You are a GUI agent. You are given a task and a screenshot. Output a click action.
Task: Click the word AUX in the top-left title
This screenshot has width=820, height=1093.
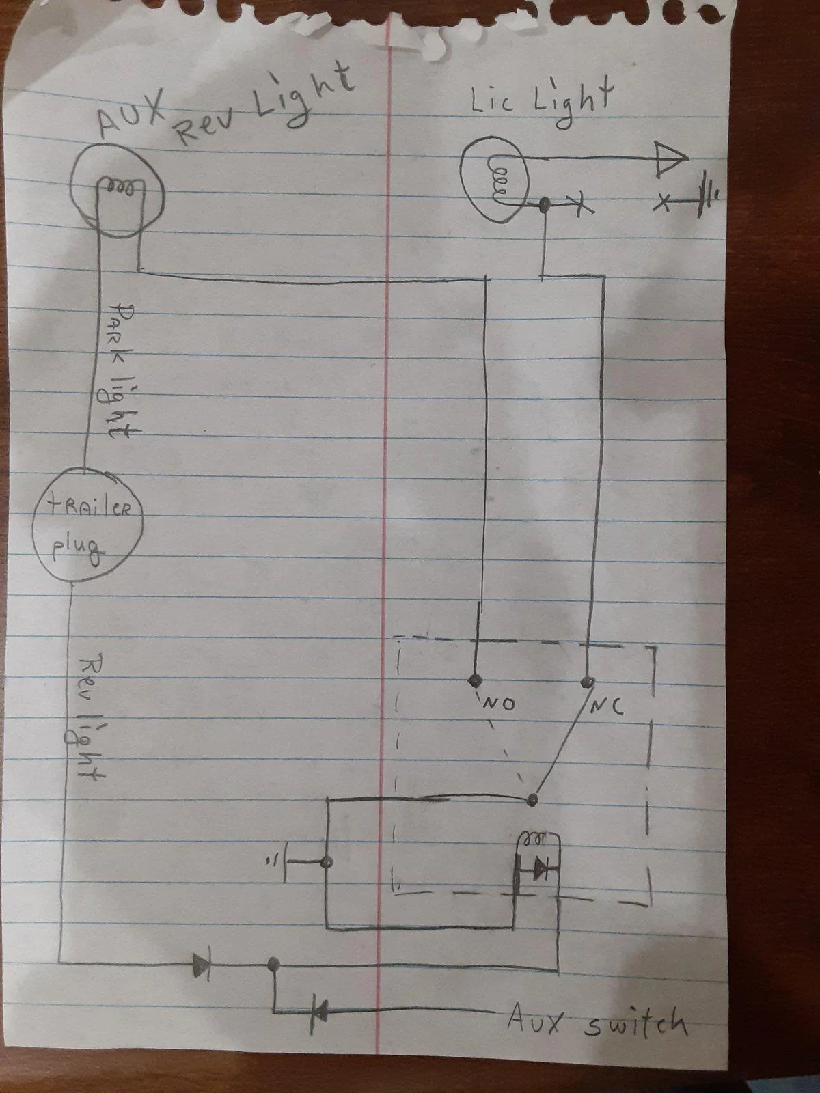click(x=131, y=114)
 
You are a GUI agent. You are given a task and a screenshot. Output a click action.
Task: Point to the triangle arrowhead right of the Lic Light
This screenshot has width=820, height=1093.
click(x=670, y=158)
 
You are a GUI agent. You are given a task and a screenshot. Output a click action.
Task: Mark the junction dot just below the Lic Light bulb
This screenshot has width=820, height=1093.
click(x=545, y=203)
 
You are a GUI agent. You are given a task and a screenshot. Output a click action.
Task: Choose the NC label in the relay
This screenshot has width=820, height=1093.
click(x=606, y=706)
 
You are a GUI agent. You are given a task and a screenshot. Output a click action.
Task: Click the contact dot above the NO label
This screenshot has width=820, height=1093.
click(x=476, y=680)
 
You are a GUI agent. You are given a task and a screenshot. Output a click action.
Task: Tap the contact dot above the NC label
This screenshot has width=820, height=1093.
click(x=588, y=680)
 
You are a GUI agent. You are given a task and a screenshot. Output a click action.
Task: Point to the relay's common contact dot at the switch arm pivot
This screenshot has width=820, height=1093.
click(x=533, y=800)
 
